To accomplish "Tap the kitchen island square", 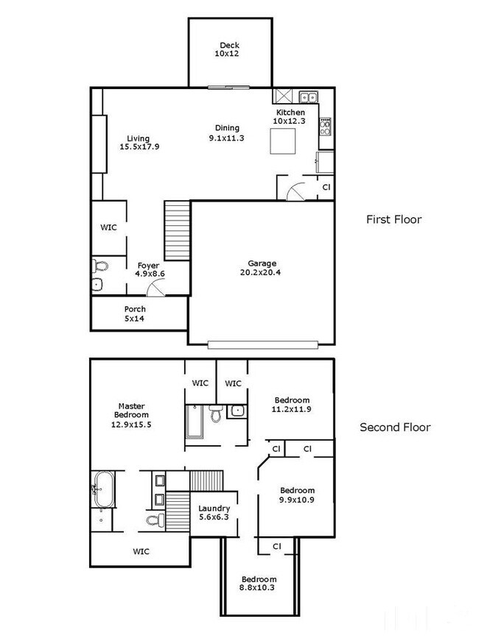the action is coord(283,141).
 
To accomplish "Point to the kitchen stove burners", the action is coord(325,127).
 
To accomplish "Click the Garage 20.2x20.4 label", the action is coord(260,268).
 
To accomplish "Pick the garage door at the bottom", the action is coord(263,344).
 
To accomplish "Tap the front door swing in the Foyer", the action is coord(155,287).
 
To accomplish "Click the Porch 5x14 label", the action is coord(135,313).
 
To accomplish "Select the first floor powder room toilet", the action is coord(100,266).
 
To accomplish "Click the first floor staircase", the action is coord(177,231).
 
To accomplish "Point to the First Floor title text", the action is coord(394,219).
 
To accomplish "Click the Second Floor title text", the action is coord(395,428).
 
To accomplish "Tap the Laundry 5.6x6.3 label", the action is coord(214,513).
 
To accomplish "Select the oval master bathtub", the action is coord(103,489).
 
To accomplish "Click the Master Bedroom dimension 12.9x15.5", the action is coord(131,425).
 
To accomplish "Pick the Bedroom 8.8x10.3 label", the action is coord(259,583).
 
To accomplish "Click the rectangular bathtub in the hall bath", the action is coord(195,422).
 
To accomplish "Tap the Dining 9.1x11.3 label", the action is coord(226,133).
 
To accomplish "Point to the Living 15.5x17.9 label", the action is coord(139,143).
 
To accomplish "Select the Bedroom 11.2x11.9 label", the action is coord(292,405).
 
